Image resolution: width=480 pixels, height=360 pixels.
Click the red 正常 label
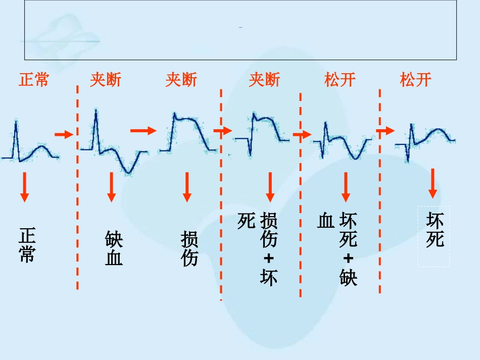pos(34,80)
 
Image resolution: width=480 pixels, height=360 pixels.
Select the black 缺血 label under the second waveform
pos(114,249)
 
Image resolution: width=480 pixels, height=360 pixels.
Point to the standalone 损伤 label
pos(189,249)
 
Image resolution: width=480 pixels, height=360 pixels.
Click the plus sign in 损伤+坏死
pos(269,259)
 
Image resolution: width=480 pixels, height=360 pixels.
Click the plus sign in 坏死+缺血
pos(348,259)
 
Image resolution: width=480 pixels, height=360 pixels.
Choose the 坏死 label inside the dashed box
pos(435,230)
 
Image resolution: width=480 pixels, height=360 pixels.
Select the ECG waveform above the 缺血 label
pos(113,144)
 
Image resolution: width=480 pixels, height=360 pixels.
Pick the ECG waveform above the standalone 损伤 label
pos(188,134)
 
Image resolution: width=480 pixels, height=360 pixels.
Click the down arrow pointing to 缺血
pos(112,187)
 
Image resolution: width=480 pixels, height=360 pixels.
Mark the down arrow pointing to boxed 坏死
pos(433,183)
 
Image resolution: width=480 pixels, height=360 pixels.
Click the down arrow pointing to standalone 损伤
pos(187,187)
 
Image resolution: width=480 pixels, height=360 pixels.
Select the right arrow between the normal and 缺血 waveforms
pos(64,134)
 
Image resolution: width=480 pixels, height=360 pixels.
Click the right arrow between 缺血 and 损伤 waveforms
pos(143,131)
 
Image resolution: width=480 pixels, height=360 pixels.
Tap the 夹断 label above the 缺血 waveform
pos(106,80)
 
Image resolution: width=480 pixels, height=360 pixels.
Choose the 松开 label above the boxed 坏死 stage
pos(416,80)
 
